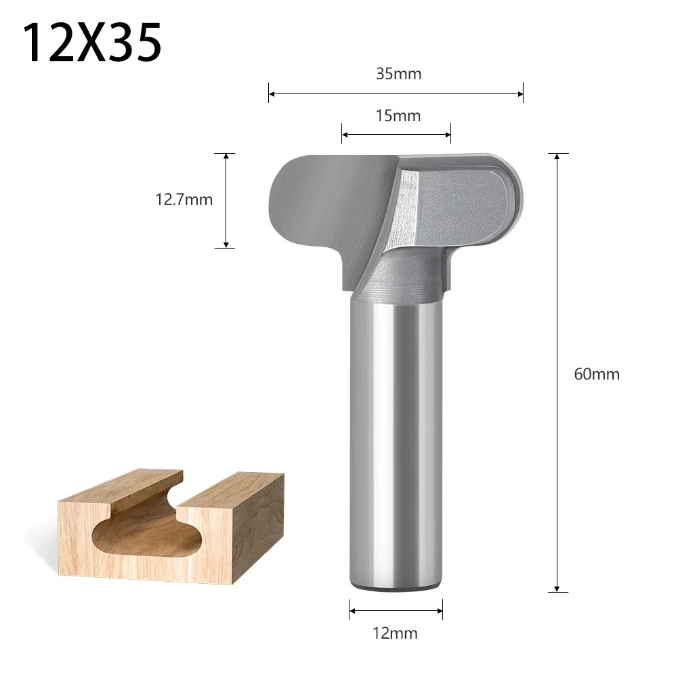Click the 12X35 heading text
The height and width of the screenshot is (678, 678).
93,42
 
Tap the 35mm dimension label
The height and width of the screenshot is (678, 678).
398,74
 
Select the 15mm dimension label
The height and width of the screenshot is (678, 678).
398,116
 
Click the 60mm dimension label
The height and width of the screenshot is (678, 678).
597,374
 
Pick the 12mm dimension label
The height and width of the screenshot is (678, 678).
396,634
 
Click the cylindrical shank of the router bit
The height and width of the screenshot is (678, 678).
396,440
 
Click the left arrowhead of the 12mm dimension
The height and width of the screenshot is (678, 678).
352,609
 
